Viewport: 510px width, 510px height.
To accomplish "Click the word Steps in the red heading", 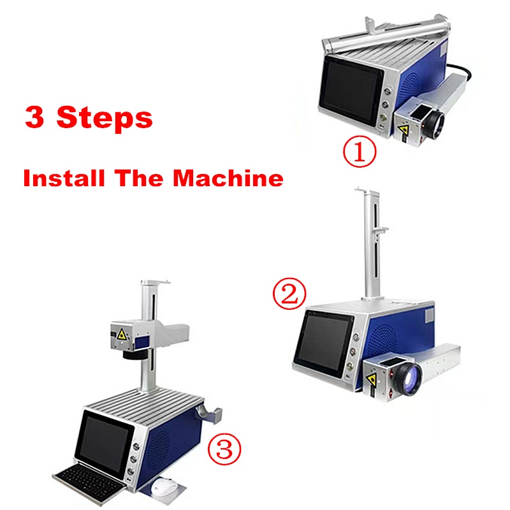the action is [105, 119].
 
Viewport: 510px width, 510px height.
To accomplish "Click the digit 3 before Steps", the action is [34, 117].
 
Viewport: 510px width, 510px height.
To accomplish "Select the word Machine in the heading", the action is [228, 178].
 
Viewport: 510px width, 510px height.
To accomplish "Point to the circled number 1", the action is [360, 151].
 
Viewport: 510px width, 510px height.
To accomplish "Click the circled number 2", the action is [289, 293].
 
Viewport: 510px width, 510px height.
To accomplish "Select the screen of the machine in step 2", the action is [324, 345].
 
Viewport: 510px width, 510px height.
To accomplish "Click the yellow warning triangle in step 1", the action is [404, 130].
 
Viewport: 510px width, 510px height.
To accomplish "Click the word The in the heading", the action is [140, 178].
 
